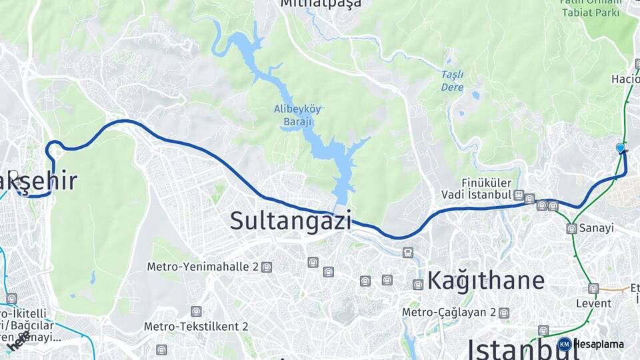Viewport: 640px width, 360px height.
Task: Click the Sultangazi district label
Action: (291, 220)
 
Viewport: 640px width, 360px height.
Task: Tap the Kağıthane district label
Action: (485, 280)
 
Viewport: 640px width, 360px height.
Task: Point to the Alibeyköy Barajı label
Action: (297, 115)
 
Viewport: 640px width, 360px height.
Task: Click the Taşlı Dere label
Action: (452, 80)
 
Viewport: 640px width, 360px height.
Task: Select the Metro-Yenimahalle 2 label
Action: (202, 267)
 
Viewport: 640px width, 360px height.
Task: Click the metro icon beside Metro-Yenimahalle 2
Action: (267, 267)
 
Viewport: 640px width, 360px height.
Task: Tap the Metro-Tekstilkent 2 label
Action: (196, 327)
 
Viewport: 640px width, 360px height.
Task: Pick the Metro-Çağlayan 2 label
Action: (449, 312)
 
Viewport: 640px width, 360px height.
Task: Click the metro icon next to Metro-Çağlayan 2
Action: (504, 312)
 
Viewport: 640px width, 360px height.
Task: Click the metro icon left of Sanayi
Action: (571, 229)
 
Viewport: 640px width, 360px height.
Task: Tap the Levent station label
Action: (593, 303)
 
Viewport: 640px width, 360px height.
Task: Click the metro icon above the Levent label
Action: (593, 289)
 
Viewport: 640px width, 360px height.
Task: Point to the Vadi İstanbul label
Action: (476, 195)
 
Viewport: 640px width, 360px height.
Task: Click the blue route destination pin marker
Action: (621, 148)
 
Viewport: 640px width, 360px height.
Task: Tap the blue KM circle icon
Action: (564, 345)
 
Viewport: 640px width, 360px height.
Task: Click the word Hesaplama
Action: (599, 345)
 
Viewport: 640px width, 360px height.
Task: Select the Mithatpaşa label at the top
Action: (321, 4)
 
